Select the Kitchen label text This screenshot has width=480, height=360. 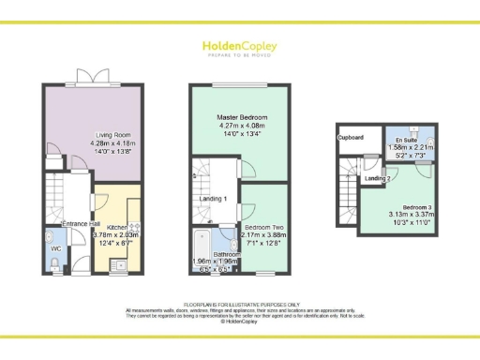tap(117, 227)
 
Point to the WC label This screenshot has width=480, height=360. tap(55, 248)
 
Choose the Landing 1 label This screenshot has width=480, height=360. tap(214, 200)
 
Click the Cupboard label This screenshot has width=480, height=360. tap(351, 138)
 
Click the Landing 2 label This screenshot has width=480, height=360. tap(379, 178)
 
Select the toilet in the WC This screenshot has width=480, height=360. tap(54, 265)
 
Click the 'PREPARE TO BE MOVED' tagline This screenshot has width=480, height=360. tap(240, 54)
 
